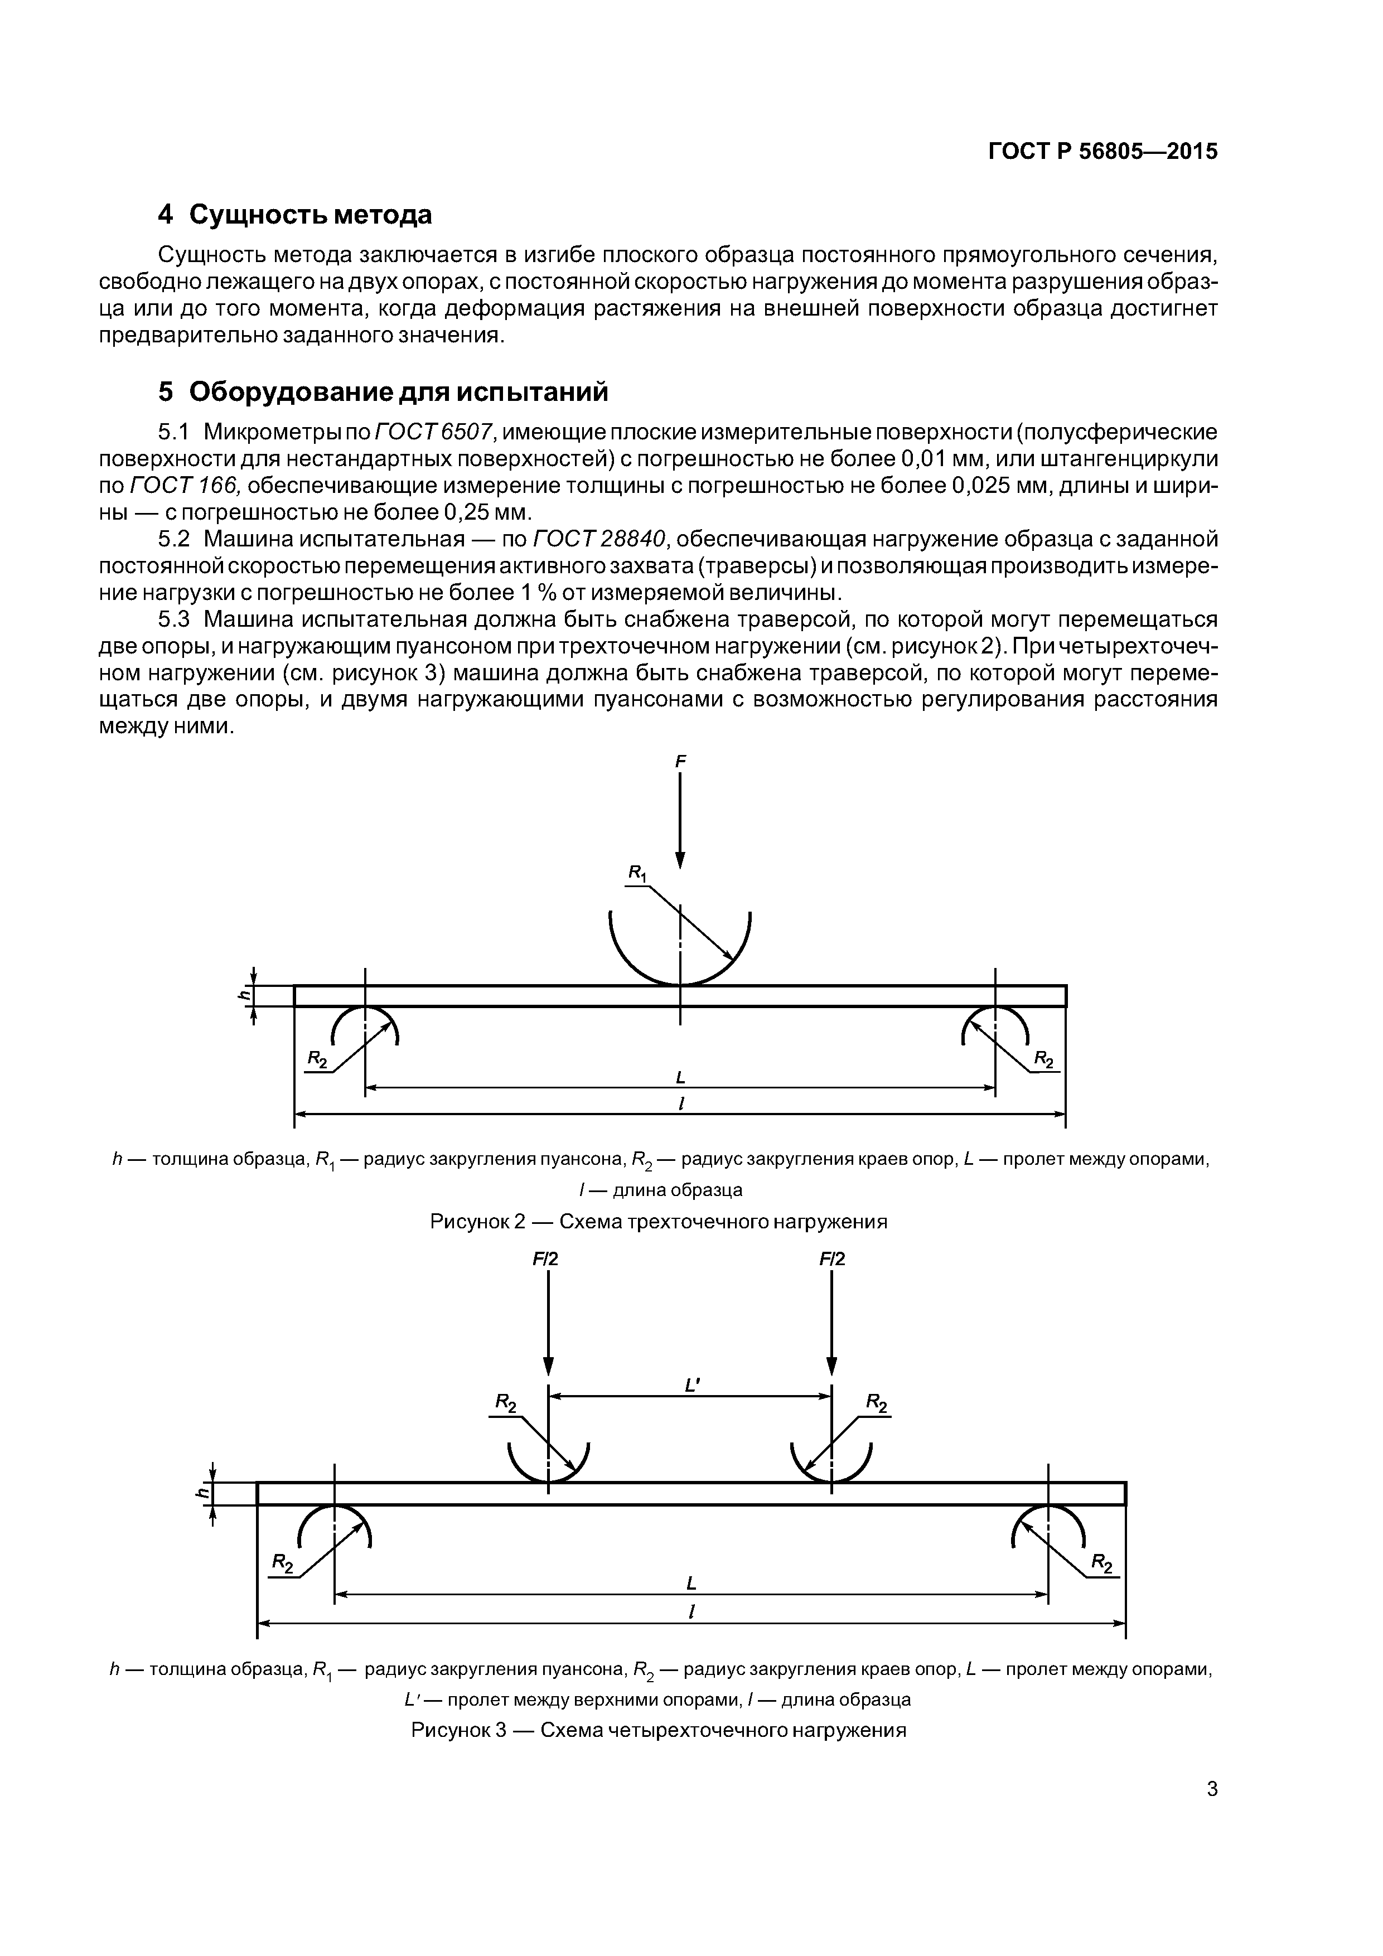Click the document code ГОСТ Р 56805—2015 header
click(x=1102, y=152)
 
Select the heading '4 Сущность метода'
click(x=295, y=215)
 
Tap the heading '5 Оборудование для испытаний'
click(x=384, y=392)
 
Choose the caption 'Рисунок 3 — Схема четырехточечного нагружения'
click(x=658, y=1730)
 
